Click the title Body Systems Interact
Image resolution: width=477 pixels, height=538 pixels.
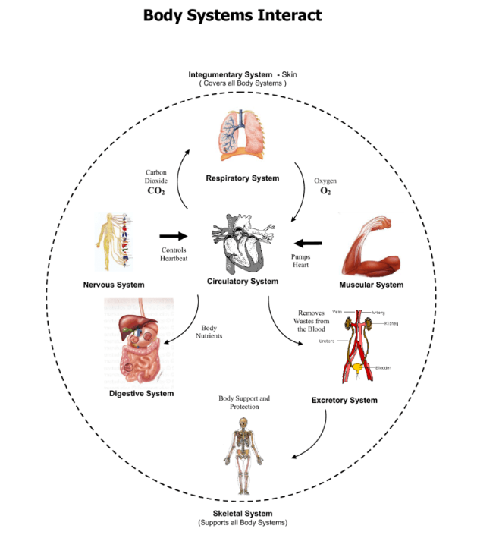pos(232,15)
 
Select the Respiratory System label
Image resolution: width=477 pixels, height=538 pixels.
pos(242,178)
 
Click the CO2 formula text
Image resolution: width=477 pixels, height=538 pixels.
pos(155,191)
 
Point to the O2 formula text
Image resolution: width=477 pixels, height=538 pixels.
pos(325,191)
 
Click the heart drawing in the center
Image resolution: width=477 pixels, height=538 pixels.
pos(240,244)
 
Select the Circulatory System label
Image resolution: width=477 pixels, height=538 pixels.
pos(243,282)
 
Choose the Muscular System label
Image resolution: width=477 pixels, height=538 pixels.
pos(370,285)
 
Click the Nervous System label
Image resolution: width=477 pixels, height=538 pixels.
pos(114,285)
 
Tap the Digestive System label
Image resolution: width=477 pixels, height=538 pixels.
pos(141,393)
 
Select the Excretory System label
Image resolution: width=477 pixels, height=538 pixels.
pos(344,400)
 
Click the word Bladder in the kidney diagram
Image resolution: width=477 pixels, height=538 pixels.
pos(384,367)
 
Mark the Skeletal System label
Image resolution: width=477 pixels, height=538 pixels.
pos(243,514)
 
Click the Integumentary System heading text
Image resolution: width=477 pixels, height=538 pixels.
pos(231,74)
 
